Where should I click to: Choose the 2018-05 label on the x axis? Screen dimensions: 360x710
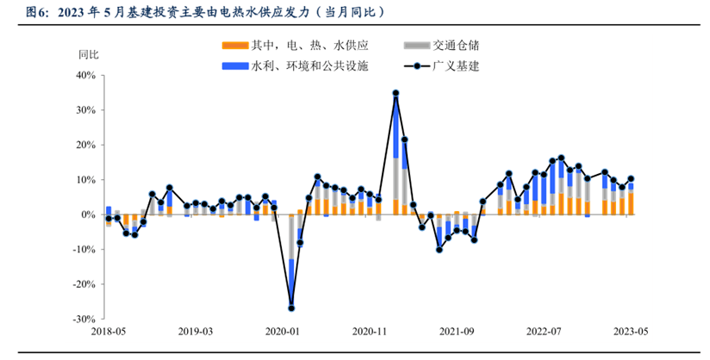click(x=109, y=332)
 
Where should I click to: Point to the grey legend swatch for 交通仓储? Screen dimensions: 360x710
click(x=415, y=45)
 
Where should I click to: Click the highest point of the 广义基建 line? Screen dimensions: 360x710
click(x=395, y=93)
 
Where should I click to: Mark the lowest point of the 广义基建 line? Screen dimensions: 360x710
click(x=291, y=307)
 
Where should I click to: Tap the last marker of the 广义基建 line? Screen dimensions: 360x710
click(x=631, y=179)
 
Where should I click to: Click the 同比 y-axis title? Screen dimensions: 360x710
click(x=89, y=54)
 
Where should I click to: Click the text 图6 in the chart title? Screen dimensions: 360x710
click(x=36, y=13)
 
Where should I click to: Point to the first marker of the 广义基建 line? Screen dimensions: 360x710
click(x=109, y=219)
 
